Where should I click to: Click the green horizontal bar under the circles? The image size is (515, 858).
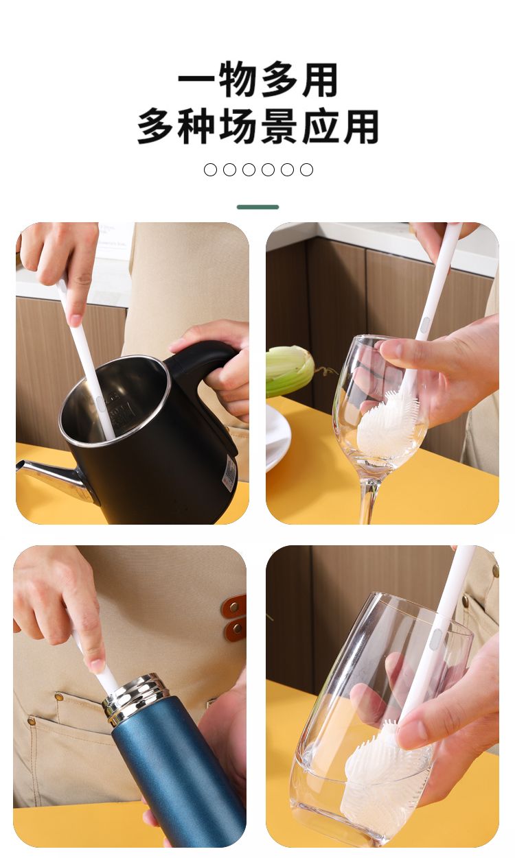pos(257,207)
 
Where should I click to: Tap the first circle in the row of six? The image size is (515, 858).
pos(210,169)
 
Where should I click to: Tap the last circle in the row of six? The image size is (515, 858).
pos(306,169)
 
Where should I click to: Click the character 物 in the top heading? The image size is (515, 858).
pos(238,80)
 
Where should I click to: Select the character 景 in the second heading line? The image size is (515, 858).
pos(279,126)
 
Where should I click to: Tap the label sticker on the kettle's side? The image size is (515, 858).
pos(229,475)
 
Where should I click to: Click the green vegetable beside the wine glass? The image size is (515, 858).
pos(290,370)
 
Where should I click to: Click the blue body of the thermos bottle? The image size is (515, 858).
pos(180,778)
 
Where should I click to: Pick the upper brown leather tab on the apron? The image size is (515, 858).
pos(234,606)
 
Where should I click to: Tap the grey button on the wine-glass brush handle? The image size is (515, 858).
pos(425,325)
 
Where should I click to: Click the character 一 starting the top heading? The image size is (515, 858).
pos(196,80)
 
